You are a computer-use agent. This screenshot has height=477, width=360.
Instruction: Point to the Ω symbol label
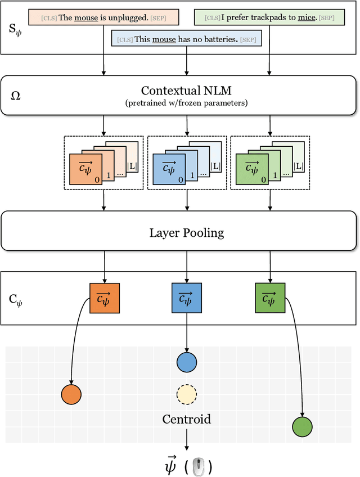coord(16,96)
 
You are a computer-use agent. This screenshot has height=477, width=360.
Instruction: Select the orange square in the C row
coord(104,298)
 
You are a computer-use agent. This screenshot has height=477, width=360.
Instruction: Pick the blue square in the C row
coord(186,298)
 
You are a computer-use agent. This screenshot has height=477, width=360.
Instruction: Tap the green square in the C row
coord(270,298)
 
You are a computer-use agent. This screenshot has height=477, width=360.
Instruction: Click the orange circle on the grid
coord(71,394)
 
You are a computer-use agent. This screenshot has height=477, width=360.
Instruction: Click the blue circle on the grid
coord(186,362)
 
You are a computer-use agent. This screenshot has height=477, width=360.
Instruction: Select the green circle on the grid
coord(303,427)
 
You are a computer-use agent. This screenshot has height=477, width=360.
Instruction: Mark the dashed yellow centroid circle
coord(186,395)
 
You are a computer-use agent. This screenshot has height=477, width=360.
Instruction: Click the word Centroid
coord(186,419)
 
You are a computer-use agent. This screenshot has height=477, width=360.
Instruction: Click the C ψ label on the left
coord(16,298)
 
